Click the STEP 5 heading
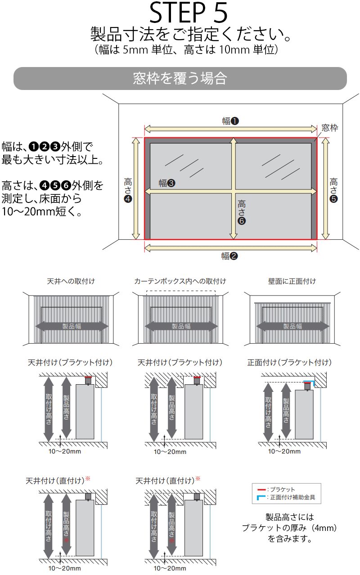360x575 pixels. pos(188,12)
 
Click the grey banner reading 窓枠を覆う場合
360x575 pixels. pos(180,78)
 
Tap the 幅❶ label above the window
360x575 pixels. pos(230,121)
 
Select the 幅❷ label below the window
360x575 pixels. pos(229,256)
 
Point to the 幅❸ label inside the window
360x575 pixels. pos(167,183)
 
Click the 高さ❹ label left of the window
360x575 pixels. pos(128,190)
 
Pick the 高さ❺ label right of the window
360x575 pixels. pos(333,190)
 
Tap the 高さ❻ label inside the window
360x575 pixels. pos(241,212)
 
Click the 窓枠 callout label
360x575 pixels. pos(330,128)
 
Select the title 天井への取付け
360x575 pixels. pos(71,281)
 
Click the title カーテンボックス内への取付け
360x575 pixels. pos(180,281)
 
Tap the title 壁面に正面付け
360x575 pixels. pos(292,281)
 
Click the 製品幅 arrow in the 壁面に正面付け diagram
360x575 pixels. pos(292,326)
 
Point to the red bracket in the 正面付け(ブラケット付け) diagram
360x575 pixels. pos(307,383)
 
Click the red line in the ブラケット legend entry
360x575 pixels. pos(261,490)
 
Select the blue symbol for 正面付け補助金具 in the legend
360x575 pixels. pos(261,498)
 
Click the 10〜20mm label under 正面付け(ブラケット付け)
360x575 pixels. pos(284,452)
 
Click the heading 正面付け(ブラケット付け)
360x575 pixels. pos(289,362)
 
